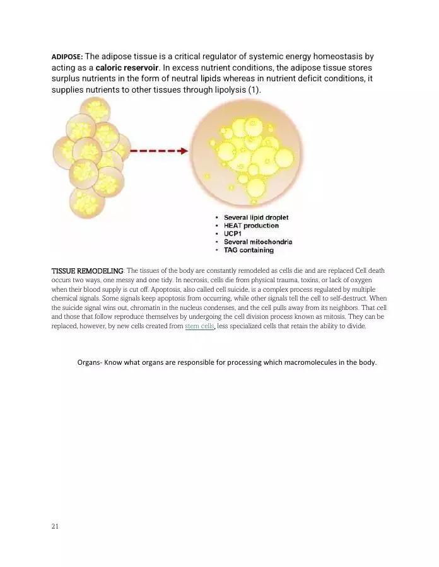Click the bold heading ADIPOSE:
[66, 57]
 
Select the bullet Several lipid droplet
[256, 217]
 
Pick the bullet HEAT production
[251, 226]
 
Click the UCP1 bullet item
[234, 234]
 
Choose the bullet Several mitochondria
[258, 242]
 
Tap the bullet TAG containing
[249, 250]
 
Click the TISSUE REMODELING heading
[87, 271]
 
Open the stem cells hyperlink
[200, 326]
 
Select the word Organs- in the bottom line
[90, 362]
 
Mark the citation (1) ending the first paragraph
[254, 90]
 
